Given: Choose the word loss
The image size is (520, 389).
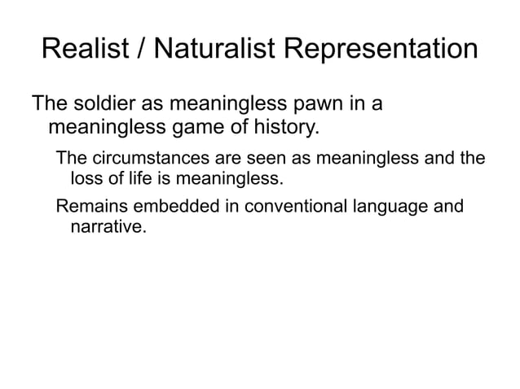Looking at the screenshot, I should tap(87, 177).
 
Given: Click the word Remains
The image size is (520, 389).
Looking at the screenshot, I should tap(88, 207).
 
